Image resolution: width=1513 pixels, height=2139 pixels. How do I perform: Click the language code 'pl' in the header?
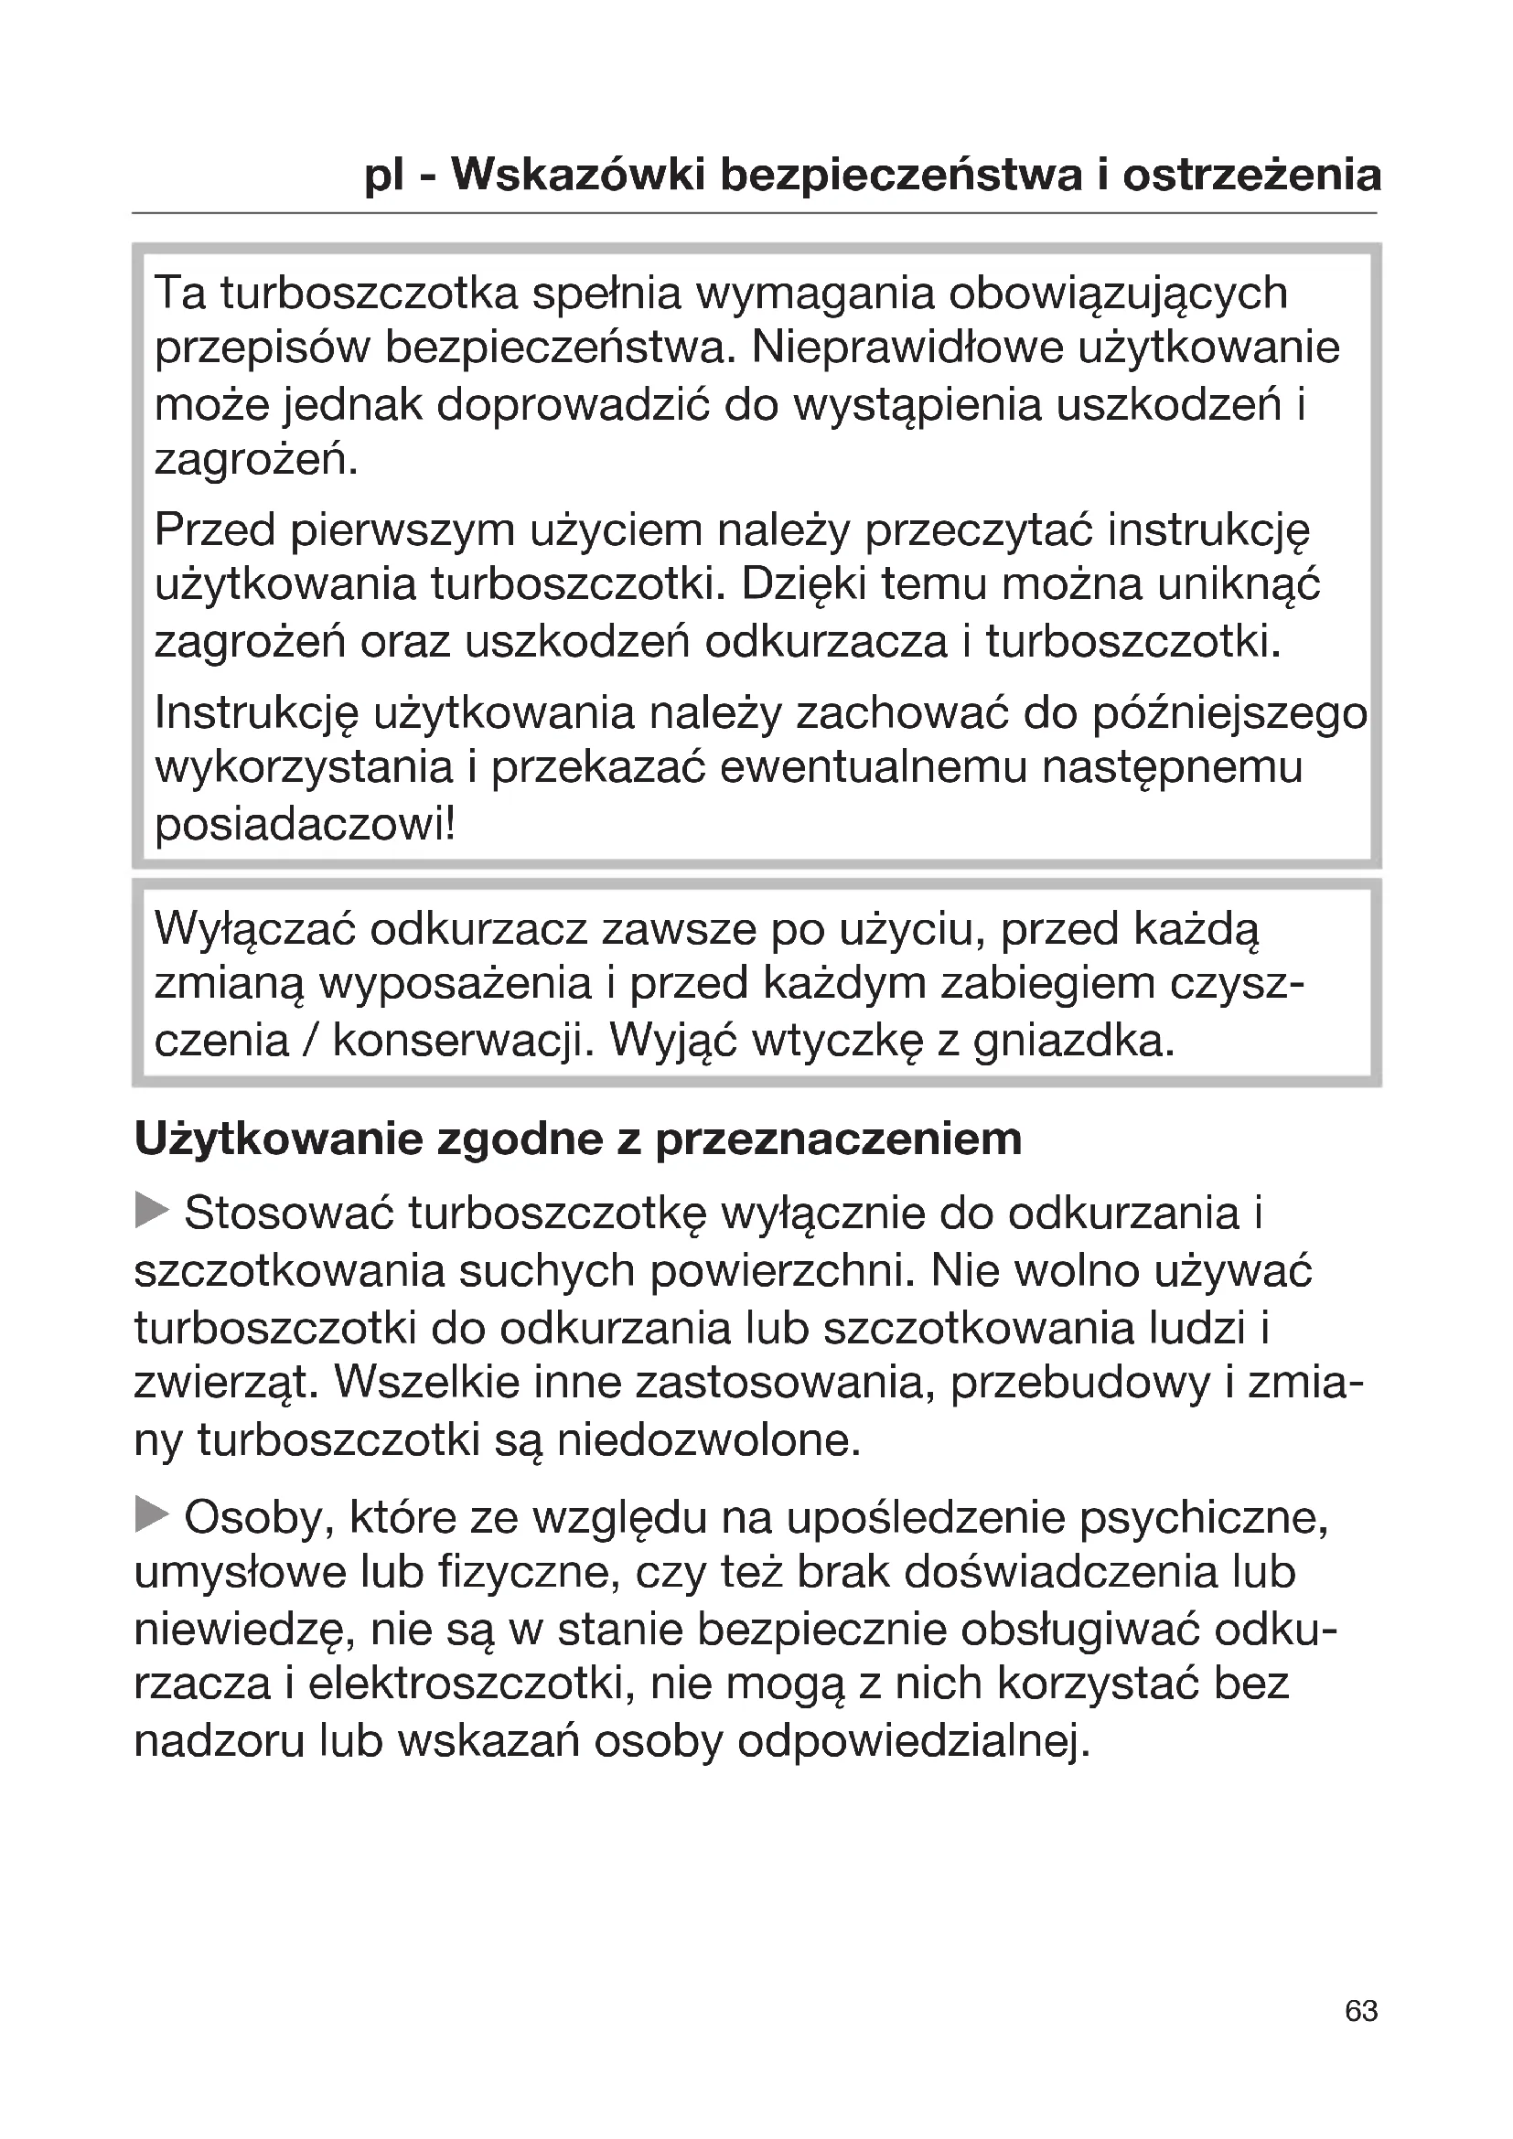tap(385, 176)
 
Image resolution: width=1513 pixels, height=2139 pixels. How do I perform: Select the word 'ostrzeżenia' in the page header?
tap(1251, 176)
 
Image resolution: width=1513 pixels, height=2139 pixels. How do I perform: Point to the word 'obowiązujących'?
tap(1118, 294)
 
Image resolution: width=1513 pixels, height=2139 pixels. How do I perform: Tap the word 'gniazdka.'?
tap(1074, 1041)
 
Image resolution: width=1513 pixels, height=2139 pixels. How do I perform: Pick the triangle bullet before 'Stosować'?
tap(152, 1212)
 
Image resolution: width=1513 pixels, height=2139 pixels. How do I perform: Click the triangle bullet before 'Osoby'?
tap(152, 1515)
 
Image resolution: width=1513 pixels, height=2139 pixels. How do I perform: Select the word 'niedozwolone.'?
tap(708, 1440)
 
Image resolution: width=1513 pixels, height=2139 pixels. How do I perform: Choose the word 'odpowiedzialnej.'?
tap(913, 1741)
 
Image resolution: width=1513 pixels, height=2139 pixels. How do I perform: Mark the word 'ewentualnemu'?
tap(872, 768)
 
